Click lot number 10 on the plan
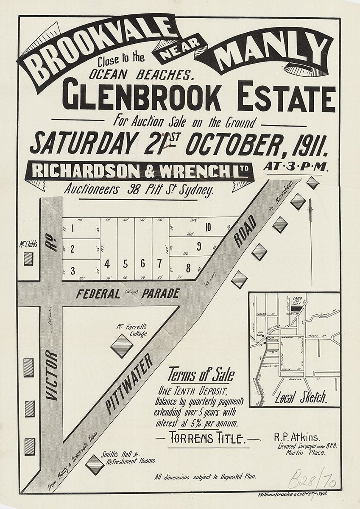pyautogui.click(x=208, y=227)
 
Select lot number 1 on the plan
pyautogui.click(x=73, y=229)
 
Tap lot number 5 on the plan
pyautogui.click(x=125, y=264)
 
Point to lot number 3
pyautogui.click(x=73, y=270)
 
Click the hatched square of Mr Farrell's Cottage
pyautogui.click(x=122, y=346)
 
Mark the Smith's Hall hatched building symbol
pyautogui.click(x=95, y=464)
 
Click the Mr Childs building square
pyautogui.click(x=28, y=258)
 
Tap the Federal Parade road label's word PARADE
pyautogui.click(x=161, y=294)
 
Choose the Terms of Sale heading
pyautogui.click(x=201, y=375)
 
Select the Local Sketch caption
pyautogui.click(x=301, y=397)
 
